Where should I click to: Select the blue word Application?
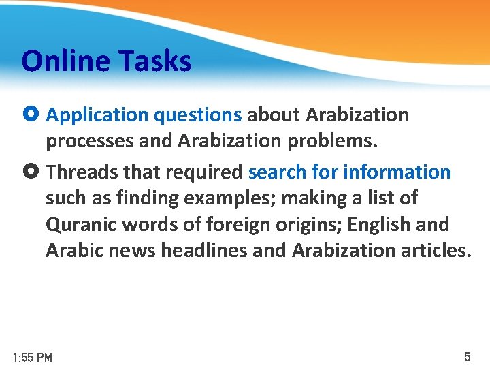click(97, 115)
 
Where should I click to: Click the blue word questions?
click(198, 115)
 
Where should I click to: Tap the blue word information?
click(397, 172)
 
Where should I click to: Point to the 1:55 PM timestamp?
click(33, 357)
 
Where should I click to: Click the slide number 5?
click(467, 356)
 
